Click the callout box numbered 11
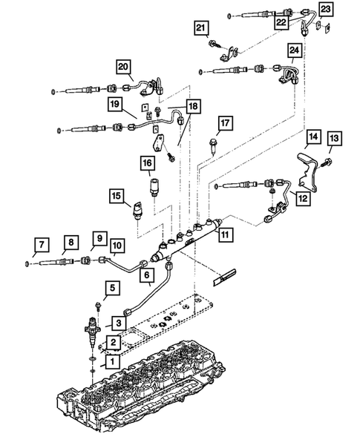(225, 234)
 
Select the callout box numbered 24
(294, 50)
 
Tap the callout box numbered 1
(112, 362)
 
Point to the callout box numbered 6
(147, 275)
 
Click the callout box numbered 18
(193, 106)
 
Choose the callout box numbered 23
(325, 9)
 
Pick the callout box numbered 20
(123, 67)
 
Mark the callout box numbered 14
(313, 137)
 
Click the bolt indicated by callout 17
(213, 145)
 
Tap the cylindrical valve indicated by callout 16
(154, 187)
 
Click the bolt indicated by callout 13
(325, 162)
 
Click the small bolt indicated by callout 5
(98, 306)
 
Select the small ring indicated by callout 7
(27, 263)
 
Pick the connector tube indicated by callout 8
(57, 262)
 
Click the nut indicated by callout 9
(85, 261)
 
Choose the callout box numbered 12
(303, 198)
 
